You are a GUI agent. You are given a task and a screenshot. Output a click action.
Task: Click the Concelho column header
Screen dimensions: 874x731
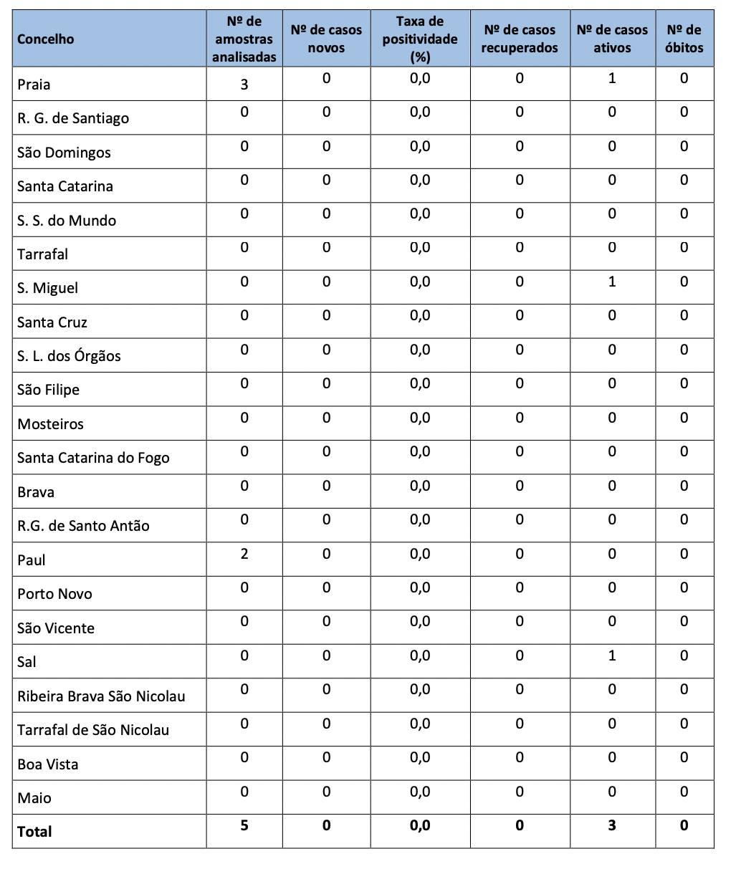click(46, 39)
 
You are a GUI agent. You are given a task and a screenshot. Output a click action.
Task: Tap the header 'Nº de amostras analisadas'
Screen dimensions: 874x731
click(244, 39)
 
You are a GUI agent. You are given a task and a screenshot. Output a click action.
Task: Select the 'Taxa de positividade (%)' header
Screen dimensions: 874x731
click(420, 39)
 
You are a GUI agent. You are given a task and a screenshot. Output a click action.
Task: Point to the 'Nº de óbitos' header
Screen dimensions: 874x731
click(684, 39)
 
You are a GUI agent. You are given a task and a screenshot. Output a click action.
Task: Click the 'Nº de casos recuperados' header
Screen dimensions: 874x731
click(520, 39)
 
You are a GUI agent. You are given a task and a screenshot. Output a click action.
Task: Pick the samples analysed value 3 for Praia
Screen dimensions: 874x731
click(244, 85)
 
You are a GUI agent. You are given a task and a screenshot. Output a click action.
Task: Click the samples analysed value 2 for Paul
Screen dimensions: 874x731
click(244, 554)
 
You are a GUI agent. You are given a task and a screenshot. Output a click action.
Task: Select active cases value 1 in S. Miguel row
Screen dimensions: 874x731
click(612, 282)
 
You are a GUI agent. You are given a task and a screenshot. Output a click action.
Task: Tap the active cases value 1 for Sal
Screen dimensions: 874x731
click(612, 655)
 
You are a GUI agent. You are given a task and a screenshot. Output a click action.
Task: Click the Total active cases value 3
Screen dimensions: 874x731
click(612, 825)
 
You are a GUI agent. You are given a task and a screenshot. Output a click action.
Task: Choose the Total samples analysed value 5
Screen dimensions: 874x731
click(244, 825)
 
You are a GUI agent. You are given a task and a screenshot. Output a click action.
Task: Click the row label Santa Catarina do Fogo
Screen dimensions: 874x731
click(93, 458)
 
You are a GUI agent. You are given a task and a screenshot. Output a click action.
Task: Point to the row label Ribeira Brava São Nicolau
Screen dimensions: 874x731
click(101, 696)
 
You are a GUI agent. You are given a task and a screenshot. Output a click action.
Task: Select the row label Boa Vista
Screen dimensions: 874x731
click(48, 764)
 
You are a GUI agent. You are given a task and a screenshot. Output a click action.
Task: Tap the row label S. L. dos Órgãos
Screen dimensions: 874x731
click(69, 356)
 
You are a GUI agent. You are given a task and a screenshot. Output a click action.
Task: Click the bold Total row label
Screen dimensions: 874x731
click(34, 832)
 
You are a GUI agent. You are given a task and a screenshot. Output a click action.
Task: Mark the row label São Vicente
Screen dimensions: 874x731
click(56, 628)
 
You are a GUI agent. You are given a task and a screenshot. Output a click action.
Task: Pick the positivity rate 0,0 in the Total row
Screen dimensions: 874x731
click(420, 825)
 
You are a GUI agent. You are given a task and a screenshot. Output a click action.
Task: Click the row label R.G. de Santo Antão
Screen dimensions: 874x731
click(83, 526)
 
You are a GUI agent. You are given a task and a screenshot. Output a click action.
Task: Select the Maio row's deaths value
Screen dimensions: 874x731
click(684, 792)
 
